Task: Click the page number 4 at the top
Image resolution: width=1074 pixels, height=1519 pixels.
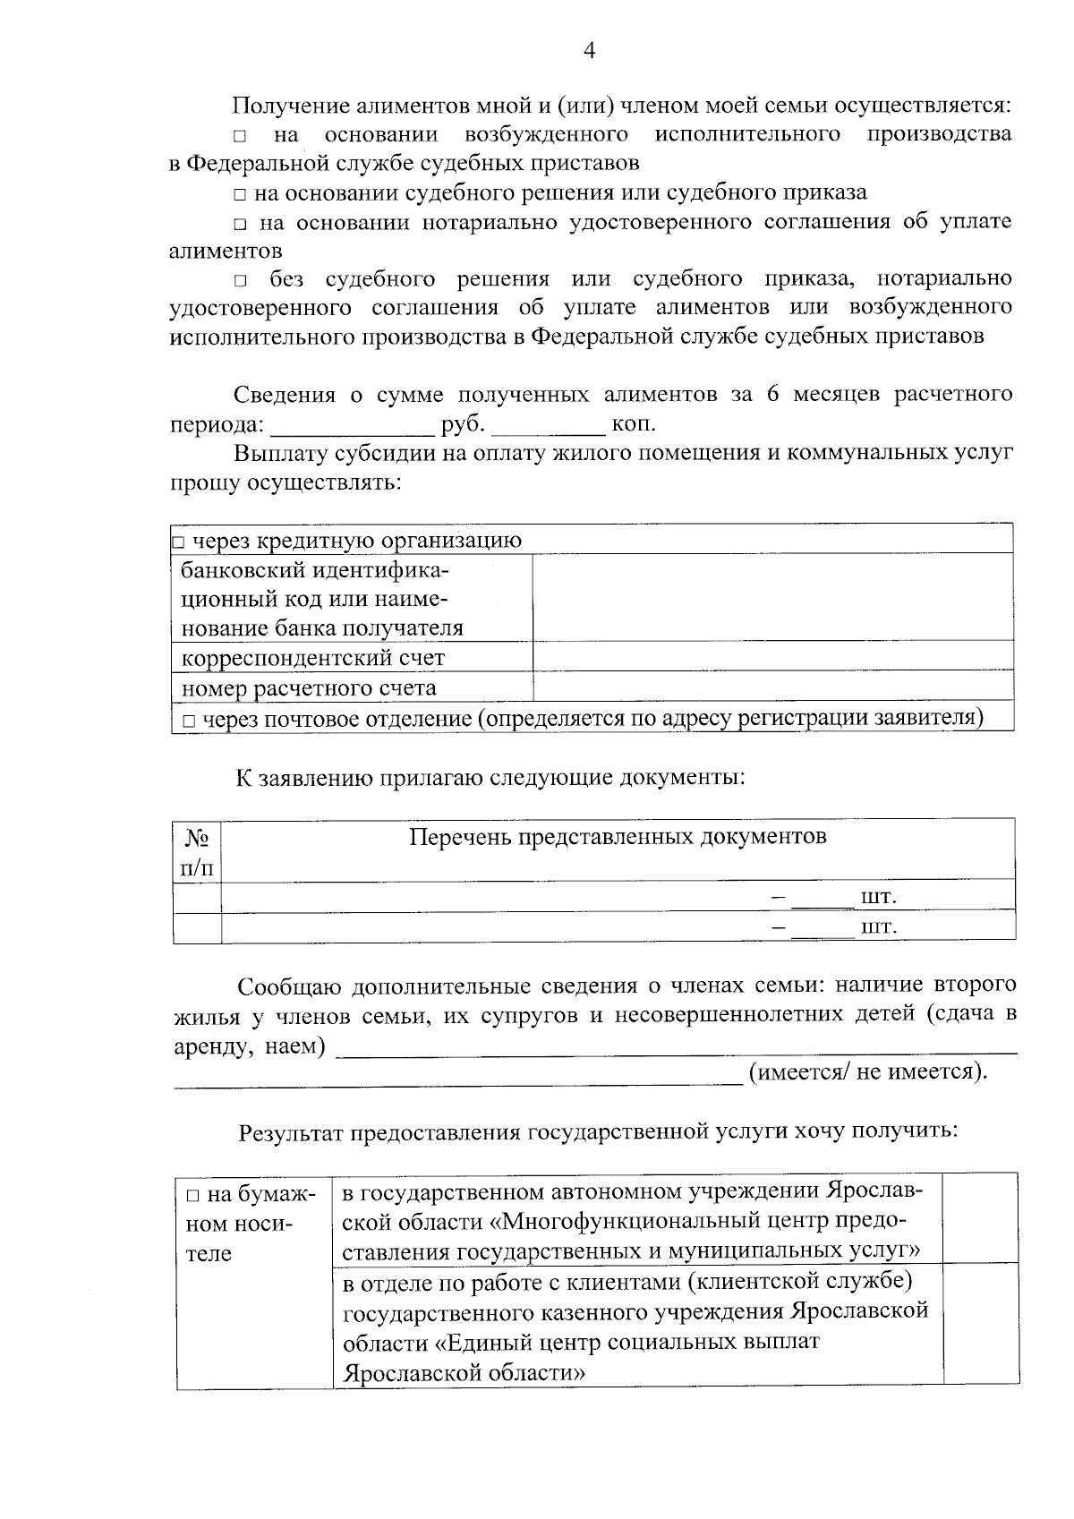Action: coord(589,50)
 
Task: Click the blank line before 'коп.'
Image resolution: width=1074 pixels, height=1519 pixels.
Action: coord(548,424)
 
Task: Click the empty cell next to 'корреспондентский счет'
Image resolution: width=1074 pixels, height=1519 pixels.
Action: coord(772,657)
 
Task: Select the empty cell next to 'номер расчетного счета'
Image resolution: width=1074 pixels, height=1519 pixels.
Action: coord(772,687)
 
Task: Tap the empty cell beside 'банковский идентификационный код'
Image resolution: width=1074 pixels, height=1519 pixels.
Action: coord(772,597)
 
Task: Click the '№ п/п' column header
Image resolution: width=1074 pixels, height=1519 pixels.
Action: coord(197,851)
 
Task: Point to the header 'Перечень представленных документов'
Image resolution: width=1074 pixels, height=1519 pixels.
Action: coord(618,837)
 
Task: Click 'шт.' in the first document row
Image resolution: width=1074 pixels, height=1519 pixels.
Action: coord(878,898)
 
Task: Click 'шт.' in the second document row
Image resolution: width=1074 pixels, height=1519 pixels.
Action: coord(878,927)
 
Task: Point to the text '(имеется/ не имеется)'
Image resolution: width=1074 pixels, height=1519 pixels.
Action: coord(867,1072)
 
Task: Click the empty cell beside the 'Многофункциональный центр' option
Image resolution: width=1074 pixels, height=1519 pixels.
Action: coord(980,1218)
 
